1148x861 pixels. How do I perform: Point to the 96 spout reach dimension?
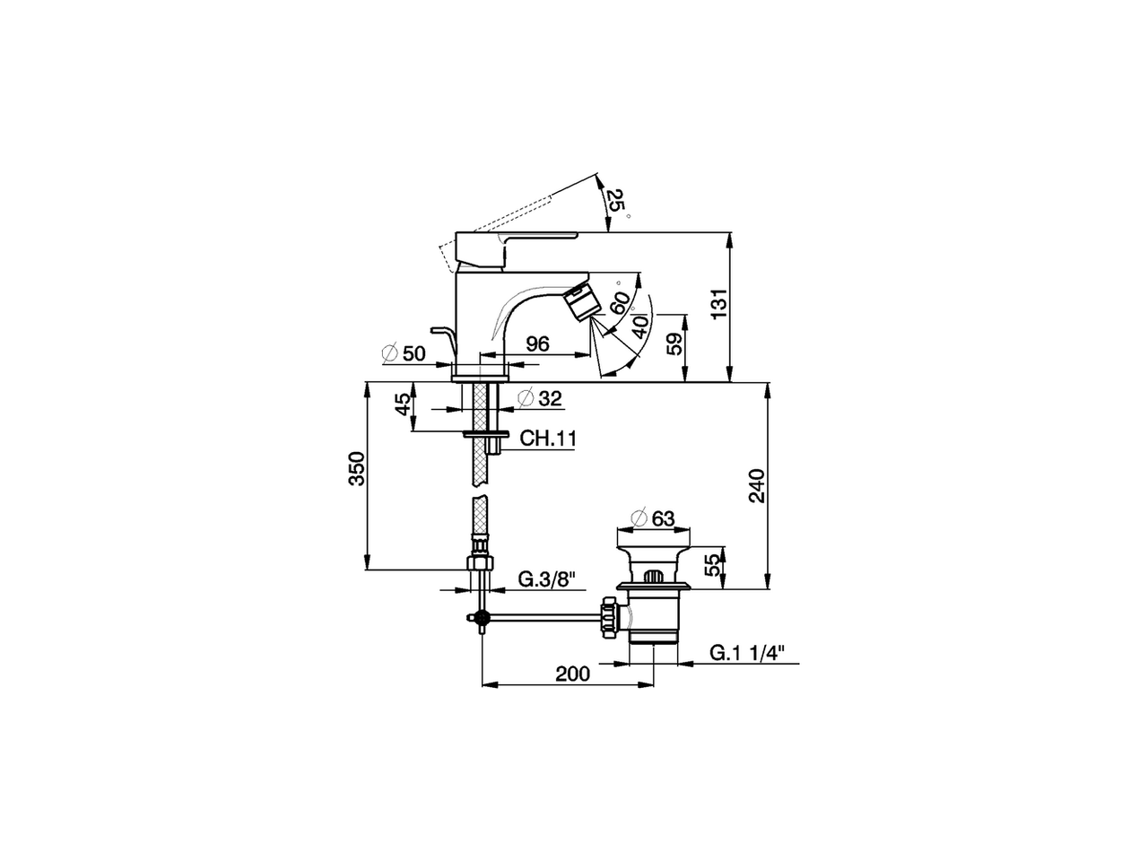tap(537, 344)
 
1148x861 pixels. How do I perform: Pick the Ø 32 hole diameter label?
tap(541, 398)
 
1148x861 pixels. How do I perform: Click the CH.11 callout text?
tap(547, 439)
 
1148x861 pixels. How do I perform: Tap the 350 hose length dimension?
tap(357, 469)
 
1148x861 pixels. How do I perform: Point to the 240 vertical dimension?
tap(756, 485)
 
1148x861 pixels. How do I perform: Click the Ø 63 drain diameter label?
tap(653, 518)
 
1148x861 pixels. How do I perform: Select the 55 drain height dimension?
tap(713, 565)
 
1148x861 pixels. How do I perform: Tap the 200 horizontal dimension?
tap(572, 674)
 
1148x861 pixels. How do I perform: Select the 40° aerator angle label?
tap(639, 324)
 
